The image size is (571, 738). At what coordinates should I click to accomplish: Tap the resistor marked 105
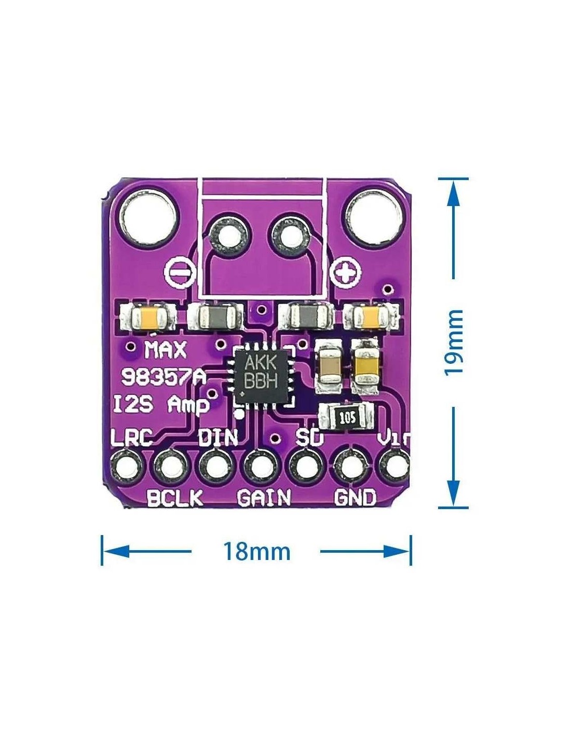(347, 416)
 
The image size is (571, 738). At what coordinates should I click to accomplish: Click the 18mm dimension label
(256, 551)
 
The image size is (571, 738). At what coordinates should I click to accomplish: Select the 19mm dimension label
(454, 342)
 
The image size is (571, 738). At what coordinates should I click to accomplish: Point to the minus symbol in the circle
(180, 271)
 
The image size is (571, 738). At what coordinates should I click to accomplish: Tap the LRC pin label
(131, 438)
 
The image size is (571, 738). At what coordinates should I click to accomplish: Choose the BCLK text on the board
(174, 498)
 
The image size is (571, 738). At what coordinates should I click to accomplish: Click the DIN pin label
(217, 438)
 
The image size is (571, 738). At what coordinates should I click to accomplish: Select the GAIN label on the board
(264, 498)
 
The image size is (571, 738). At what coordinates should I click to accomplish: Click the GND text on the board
(355, 498)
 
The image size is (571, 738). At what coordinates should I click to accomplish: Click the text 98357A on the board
(163, 377)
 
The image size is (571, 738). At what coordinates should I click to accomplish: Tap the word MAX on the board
(165, 350)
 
